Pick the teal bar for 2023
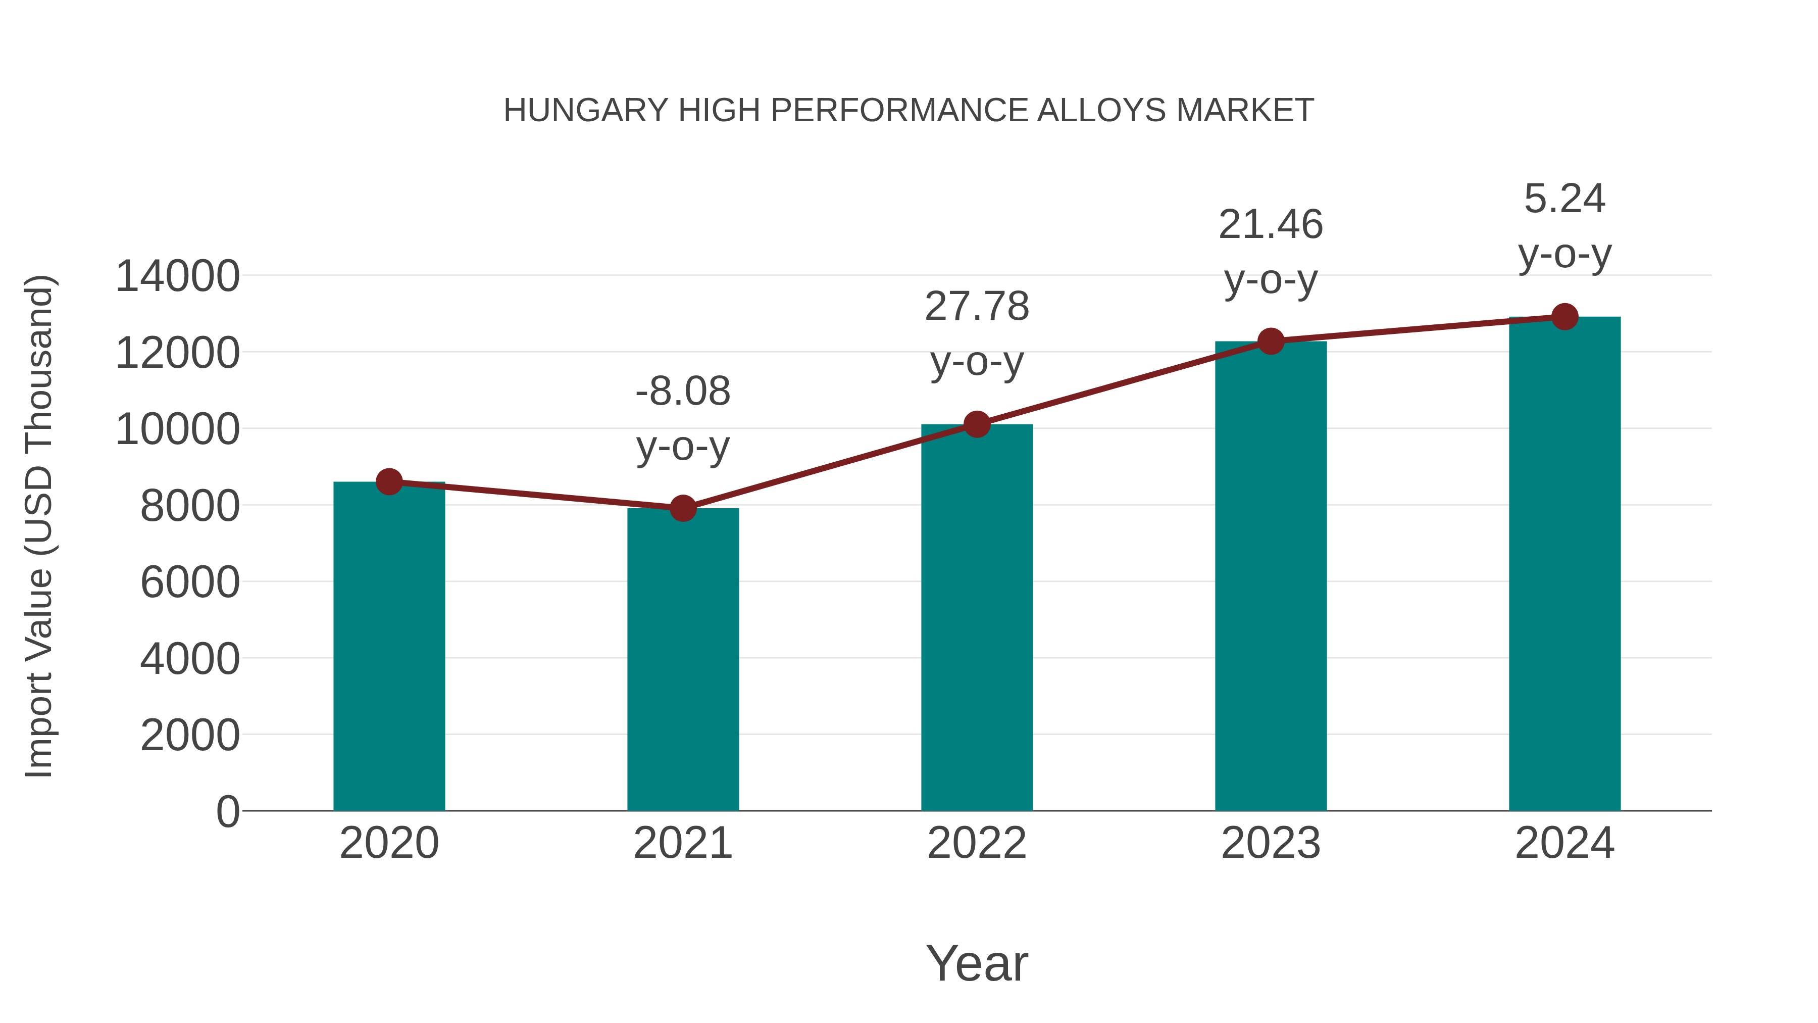click(1271, 576)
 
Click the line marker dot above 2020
click(389, 482)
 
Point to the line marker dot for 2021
click(682, 508)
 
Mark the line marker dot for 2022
click(977, 424)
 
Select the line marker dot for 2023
click(1271, 342)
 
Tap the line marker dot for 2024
click(1564, 317)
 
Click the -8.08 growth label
click(682, 391)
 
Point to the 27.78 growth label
click(977, 307)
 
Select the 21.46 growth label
click(1271, 224)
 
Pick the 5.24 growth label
click(1564, 199)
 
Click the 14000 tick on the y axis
click(177, 276)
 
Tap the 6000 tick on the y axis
click(190, 582)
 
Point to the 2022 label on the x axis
click(977, 843)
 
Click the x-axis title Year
click(977, 963)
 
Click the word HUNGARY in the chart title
click(585, 111)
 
